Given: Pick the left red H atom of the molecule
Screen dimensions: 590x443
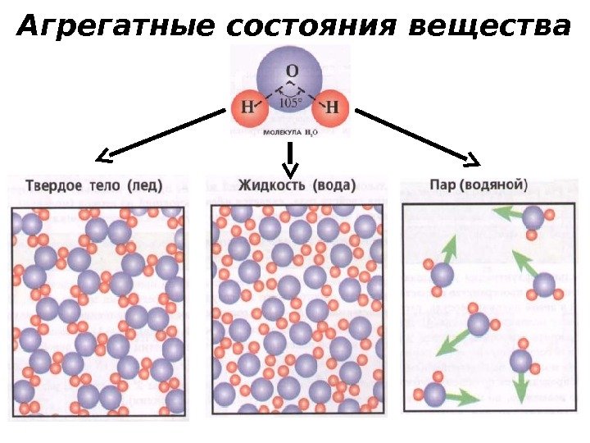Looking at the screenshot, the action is click(x=247, y=107).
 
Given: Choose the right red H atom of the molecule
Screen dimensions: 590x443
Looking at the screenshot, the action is click(x=332, y=107).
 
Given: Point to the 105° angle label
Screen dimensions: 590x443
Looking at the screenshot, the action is click(x=290, y=103).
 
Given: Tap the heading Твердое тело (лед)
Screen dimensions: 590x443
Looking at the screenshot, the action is click(x=94, y=183).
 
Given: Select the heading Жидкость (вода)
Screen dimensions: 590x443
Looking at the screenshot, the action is click(x=297, y=184).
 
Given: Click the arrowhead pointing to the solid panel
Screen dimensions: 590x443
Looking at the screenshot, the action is click(x=103, y=156).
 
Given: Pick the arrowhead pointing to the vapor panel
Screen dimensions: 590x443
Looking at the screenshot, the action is click(x=473, y=158).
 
